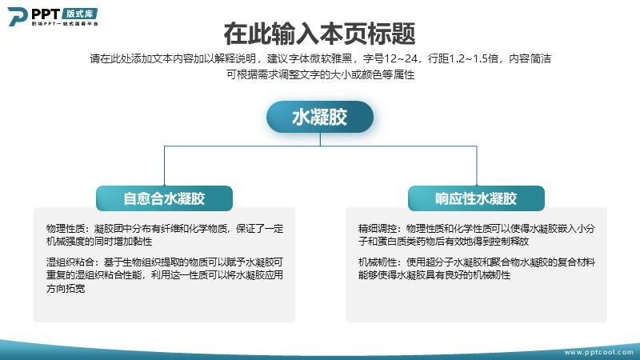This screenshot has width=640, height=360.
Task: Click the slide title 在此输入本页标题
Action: coord(319,34)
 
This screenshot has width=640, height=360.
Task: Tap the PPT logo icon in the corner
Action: coord(18,17)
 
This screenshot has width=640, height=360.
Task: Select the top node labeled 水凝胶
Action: coord(320,117)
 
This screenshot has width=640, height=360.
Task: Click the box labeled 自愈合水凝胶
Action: coord(165,198)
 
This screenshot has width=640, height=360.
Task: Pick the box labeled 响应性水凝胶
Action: coord(476,198)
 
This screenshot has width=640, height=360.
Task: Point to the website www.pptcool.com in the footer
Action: coord(598,352)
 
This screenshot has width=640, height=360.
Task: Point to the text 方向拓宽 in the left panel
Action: coord(66,289)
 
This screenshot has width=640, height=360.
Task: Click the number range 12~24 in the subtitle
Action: coord(401,58)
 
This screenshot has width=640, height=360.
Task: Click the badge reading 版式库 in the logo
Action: coord(79,14)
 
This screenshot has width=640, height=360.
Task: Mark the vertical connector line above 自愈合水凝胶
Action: coord(165,166)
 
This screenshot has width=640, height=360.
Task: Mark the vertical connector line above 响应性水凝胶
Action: coord(477,166)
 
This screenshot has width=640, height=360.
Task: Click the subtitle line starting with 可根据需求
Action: coord(321,74)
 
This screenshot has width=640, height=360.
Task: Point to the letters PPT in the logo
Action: coord(46,14)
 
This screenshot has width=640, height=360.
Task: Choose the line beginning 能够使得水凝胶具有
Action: coord(434,275)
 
